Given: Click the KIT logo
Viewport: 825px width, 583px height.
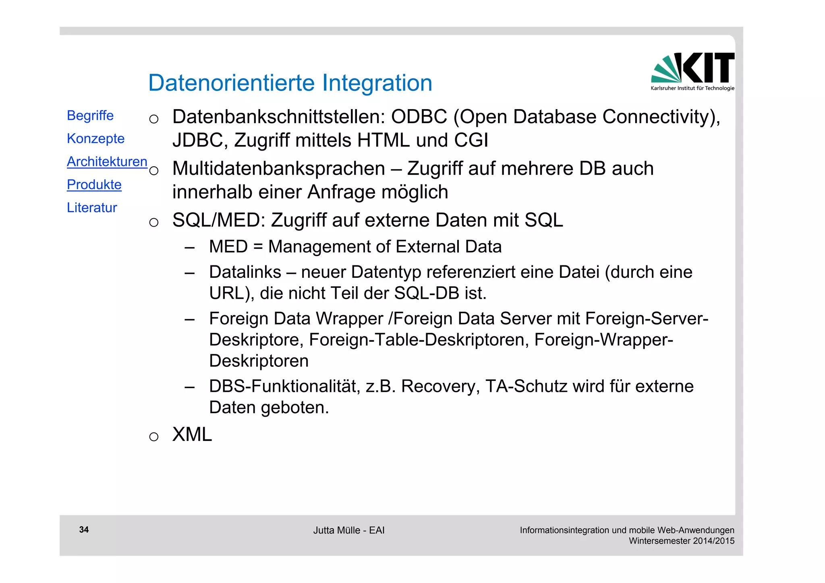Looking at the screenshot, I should click(692, 71).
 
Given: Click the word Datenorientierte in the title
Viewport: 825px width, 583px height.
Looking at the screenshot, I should click(231, 83).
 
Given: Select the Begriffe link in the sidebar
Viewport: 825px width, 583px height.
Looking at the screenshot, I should click(90, 116).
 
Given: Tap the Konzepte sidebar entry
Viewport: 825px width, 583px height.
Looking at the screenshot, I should click(95, 139).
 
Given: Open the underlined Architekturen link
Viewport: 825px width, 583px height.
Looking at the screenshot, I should click(107, 161).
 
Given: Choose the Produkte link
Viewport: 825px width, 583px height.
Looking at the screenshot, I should click(94, 184).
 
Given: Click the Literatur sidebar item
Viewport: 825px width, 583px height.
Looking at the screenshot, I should click(92, 208).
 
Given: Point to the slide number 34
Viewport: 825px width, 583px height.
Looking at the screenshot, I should click(84, 529).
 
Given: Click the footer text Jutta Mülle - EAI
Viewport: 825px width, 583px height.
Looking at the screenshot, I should click(349, 530).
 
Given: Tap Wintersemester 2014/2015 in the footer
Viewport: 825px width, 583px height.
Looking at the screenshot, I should click(682, 541).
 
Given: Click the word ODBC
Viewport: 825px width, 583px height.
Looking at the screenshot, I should click(419, 117).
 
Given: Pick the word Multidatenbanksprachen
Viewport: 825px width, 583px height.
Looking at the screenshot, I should click(278, 169).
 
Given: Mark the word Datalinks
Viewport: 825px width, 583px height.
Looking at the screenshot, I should click(245, 272).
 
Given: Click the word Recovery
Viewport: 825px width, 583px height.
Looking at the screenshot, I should click(440, 387).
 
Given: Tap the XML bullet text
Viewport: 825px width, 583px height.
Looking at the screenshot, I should click(192, 435).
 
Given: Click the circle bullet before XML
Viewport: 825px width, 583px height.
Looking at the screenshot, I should click(153, 436).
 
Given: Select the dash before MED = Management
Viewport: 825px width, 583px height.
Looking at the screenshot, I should click(189, 247).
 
